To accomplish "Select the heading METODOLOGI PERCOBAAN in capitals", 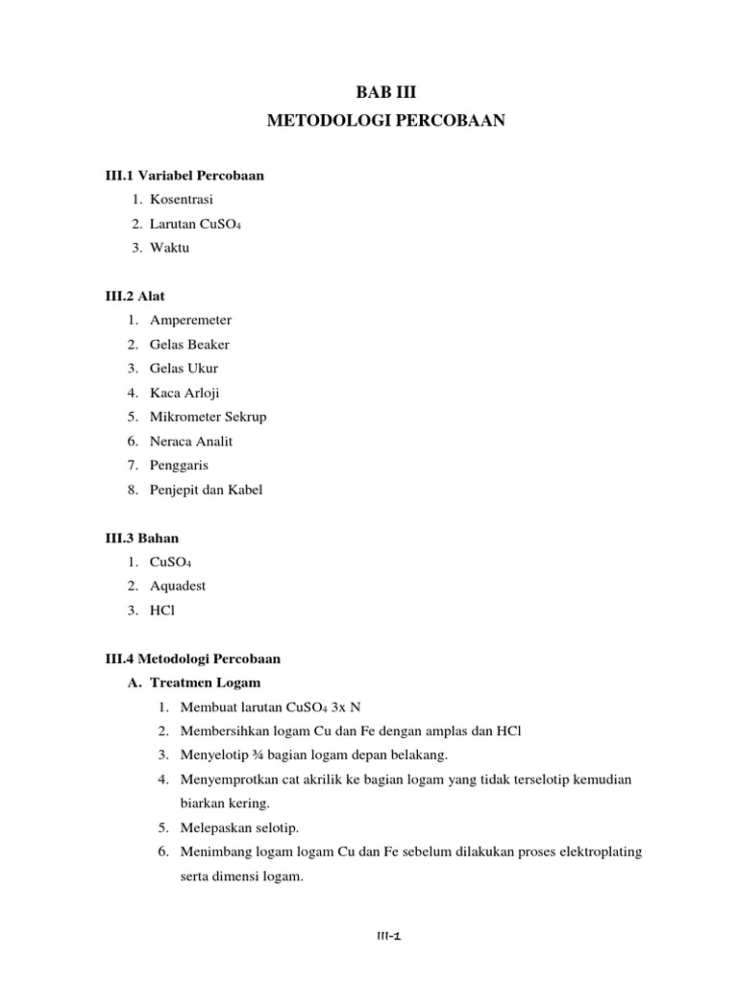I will [383, 122].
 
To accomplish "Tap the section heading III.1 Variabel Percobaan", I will [184, 176].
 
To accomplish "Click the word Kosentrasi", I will [182, 200].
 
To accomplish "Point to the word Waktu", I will [170, 248].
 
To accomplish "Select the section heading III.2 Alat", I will [135, 296].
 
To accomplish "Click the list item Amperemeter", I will [190, 320].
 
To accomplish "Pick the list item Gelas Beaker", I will [189, 344].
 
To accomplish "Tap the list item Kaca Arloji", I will [184, 393].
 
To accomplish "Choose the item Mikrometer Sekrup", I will [208, 417].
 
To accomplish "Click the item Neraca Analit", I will [191, 441].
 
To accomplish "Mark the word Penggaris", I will [179, 465].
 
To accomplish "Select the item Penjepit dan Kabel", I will [206, 490].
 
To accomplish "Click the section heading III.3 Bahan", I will [142, 538].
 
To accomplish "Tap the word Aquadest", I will [178, 586].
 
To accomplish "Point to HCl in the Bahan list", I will [162, 610].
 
